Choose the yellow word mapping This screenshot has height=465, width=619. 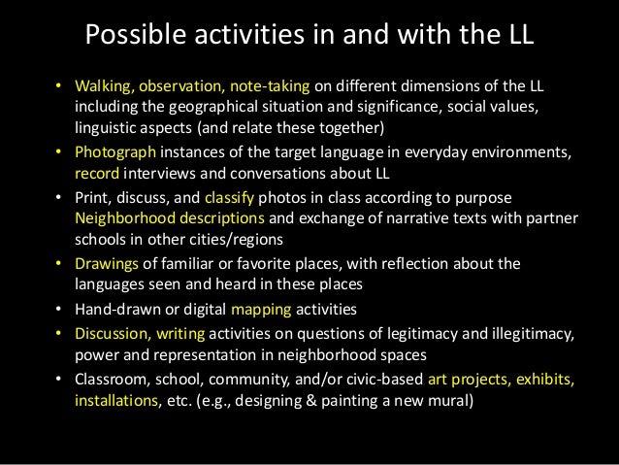[257, 310]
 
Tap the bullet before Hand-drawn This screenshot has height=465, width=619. [61, 310]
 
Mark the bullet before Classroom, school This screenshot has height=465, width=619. [61, 378]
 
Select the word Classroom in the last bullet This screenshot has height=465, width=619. [111, 378]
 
